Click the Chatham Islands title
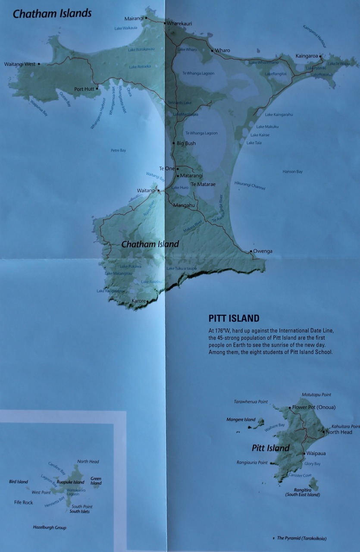click(x=52, y=13)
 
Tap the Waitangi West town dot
click(x=39, y=64)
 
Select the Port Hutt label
click(x=84, y=89)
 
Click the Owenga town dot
click(x=250, y=251)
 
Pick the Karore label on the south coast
click(x=138, y=301)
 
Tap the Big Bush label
click(x=186, y=143)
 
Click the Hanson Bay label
click(x=292, y=172)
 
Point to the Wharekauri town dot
click(x=164, y=22)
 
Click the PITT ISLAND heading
click(x=234, y=319)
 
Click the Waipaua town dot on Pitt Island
click(x=304, y=454)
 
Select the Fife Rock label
click(x=23, y=502)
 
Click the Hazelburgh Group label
click(x=50, y=527)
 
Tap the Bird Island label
click(x=18, y=482)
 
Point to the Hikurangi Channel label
click(x=250, y=185)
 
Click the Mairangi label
click(x=134, y=19)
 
